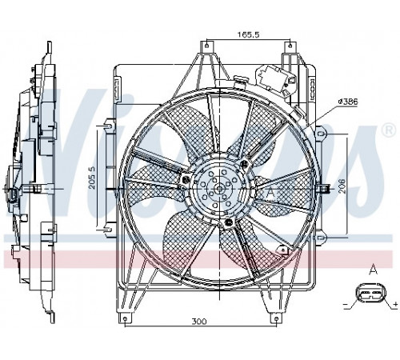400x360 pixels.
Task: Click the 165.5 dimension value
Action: [x=248, y=34]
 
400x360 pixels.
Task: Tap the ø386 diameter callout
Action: [x=347, y=102]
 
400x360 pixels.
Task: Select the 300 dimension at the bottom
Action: [x=199, y=322]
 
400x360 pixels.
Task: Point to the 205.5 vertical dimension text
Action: [x=92, y=178]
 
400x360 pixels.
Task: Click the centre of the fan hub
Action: [x=219, y=189]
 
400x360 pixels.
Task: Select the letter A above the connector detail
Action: [x=373, y=271]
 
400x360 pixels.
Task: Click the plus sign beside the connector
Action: [x=396, y=303]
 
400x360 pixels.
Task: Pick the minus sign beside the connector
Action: [x=346, y=304]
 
